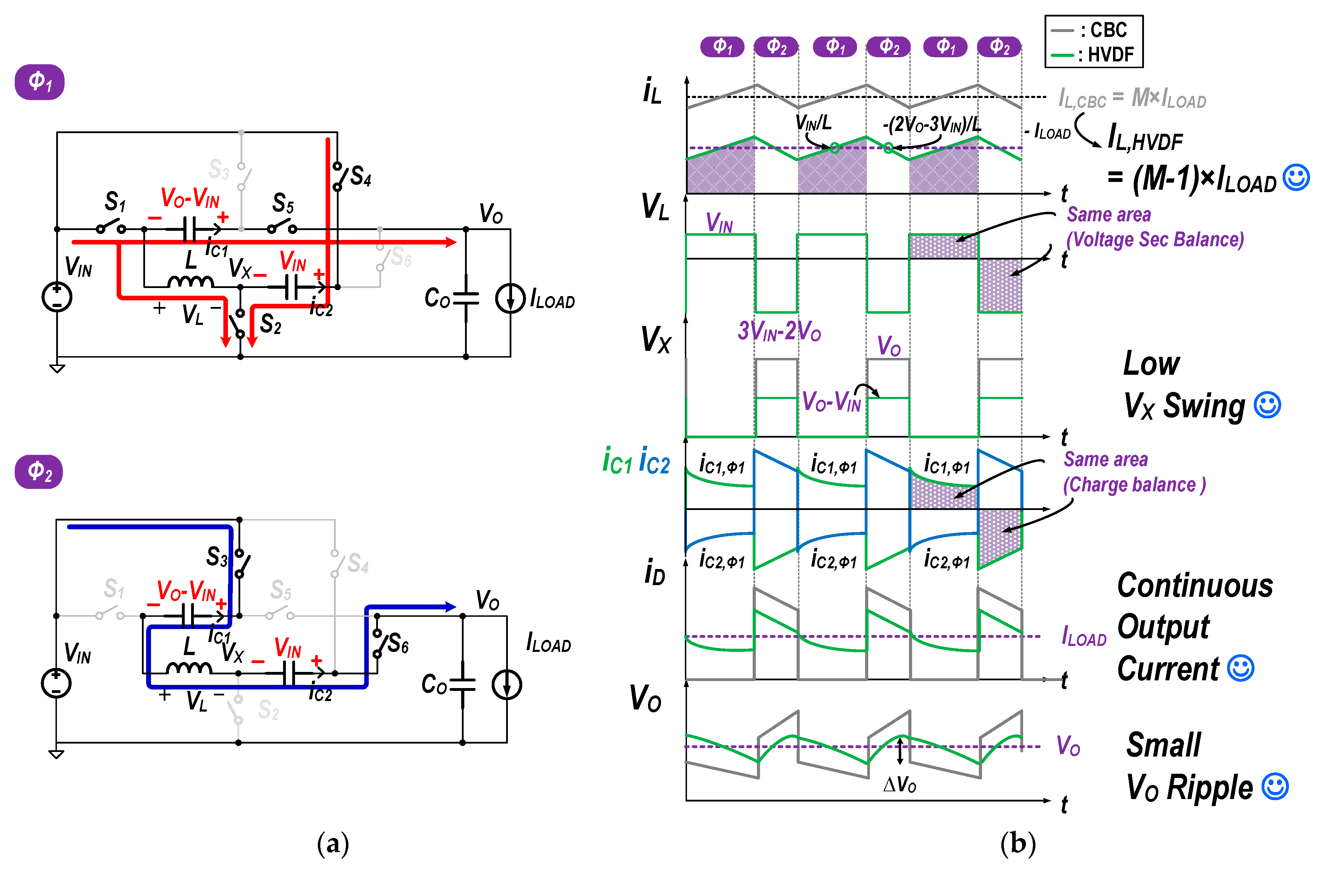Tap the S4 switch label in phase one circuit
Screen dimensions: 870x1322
pyautogui.click(x=360, y=177)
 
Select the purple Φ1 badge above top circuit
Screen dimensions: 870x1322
pyautogui.click(x=39, y=82)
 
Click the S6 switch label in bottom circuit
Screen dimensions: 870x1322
pyautogui.click(x=398, y=644)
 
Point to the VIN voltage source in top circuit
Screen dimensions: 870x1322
pyautogui.click(x=57, y=297)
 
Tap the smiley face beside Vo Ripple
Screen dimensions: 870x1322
pyautogui.click(x=1275, y=787)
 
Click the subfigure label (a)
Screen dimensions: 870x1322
pyautogui.click(x=333, y=844)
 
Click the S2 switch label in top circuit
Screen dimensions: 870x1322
pyautogui.click(x=270, y=324)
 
